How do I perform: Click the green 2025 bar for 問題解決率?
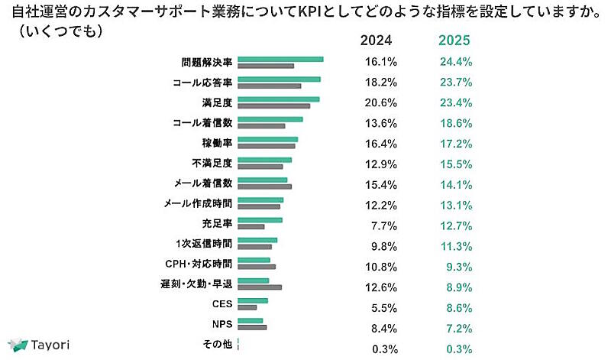281,59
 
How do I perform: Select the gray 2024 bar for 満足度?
274,105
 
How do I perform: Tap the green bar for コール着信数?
270,119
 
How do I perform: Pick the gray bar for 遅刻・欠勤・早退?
260,287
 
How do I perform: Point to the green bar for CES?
253,300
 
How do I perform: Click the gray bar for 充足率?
251,227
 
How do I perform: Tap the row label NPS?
221,324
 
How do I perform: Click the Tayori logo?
38,344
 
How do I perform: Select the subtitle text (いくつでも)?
57,34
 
